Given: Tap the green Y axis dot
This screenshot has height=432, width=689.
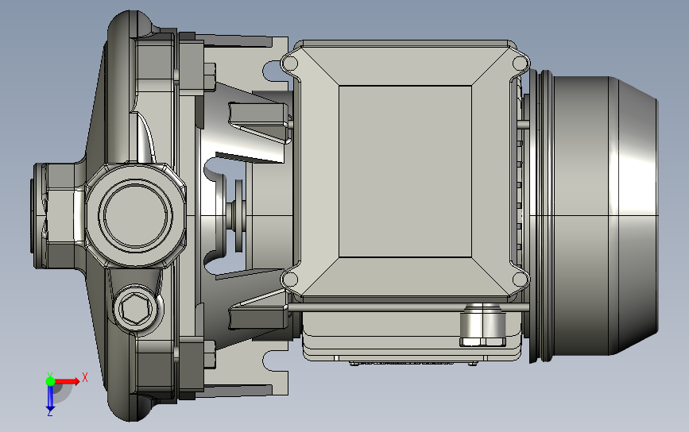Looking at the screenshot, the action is tap(50, 381).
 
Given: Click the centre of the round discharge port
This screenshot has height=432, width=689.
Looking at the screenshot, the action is tap(135, 215).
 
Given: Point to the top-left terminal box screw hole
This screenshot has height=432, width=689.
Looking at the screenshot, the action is tap(289, 63).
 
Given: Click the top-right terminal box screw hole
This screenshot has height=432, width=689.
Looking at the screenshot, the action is tap(521, 63).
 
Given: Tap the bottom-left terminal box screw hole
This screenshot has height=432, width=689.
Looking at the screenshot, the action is tap(289, 279).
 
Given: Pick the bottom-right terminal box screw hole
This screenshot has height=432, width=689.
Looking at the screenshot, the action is tap(521, 279).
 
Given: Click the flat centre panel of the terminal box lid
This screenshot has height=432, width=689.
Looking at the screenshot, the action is tap(405, 172).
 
